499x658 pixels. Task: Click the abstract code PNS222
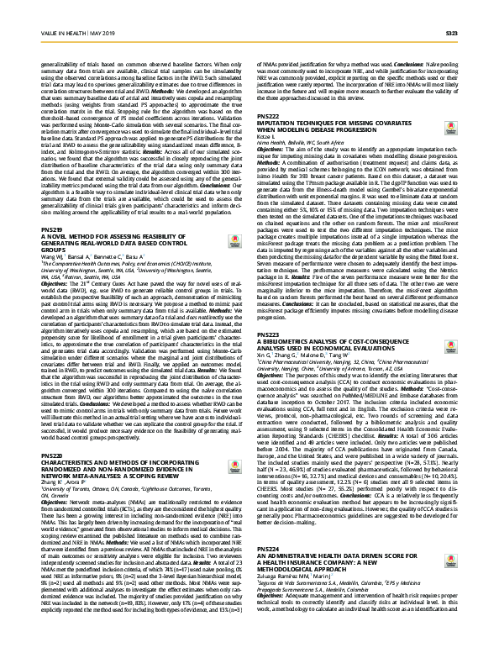click(x=268, y=114)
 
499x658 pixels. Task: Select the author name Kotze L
click(x=265, y=134)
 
